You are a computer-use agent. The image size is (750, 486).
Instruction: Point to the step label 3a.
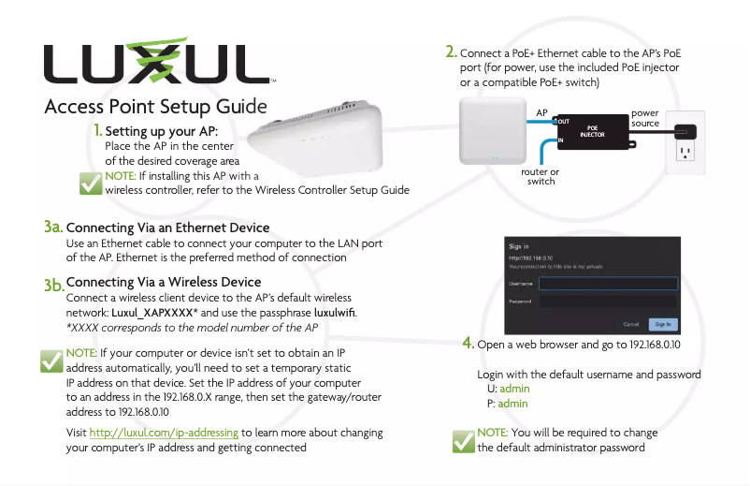(x=52, y=228)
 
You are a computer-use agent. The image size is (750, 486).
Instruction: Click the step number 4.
(x=469, y=344)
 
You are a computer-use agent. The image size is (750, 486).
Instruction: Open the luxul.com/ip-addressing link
(x=165, y=433)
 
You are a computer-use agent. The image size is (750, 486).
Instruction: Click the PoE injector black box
(x=591, y=130)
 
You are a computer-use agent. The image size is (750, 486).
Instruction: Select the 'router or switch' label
(x=541, y=176)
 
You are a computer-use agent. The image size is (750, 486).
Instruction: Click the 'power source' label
(x=645, y=118)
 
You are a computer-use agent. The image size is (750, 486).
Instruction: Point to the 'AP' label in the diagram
(x=541, y=112)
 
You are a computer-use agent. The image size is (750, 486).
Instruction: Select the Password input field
(x=608, y=302)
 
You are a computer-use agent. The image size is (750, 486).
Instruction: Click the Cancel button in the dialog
(x=631, y=324)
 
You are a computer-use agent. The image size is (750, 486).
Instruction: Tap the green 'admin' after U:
(x=514, y=389)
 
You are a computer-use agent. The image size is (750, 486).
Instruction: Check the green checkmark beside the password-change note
(x=462, y=441)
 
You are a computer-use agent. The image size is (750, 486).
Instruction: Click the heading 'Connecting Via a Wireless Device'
(x=164, y=282)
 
